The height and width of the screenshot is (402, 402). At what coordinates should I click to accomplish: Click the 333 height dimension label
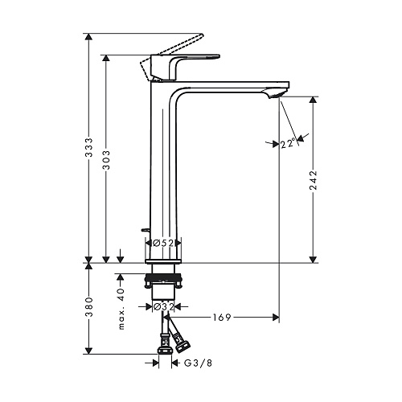(89, 147)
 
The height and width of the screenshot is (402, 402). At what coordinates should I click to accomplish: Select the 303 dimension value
(107, 160)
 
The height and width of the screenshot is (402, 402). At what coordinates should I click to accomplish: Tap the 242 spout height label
(313, 180)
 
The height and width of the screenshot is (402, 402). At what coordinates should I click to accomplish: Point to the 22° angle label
(288, 144)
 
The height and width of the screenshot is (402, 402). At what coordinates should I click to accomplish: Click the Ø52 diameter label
(163, 243)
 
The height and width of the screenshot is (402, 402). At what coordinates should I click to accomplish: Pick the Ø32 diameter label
(163, 306)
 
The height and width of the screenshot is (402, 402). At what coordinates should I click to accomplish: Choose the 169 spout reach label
(222, 318)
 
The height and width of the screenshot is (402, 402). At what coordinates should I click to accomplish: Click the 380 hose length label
(89, 307)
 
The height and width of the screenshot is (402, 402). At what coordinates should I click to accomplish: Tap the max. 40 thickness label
(121, 309)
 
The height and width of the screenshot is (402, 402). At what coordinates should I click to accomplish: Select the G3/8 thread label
(198, 363)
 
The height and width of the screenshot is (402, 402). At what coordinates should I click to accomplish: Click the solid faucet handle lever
(185, 67)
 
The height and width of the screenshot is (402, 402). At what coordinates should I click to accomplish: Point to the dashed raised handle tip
(200, 35)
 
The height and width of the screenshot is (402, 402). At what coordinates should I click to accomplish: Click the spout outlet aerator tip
(279, 95)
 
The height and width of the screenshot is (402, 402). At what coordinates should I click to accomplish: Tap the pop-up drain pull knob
(146, 230)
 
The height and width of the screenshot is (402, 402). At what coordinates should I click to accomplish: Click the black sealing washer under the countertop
(163, 277)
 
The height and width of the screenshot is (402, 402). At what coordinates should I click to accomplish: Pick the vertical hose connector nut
(164, 350)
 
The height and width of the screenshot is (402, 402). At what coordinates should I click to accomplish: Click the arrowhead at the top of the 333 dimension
(88, 37)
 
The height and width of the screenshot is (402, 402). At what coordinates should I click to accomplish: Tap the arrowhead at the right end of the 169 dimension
(276, 318)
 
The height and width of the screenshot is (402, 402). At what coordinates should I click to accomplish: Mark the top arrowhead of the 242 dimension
(313, 100)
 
